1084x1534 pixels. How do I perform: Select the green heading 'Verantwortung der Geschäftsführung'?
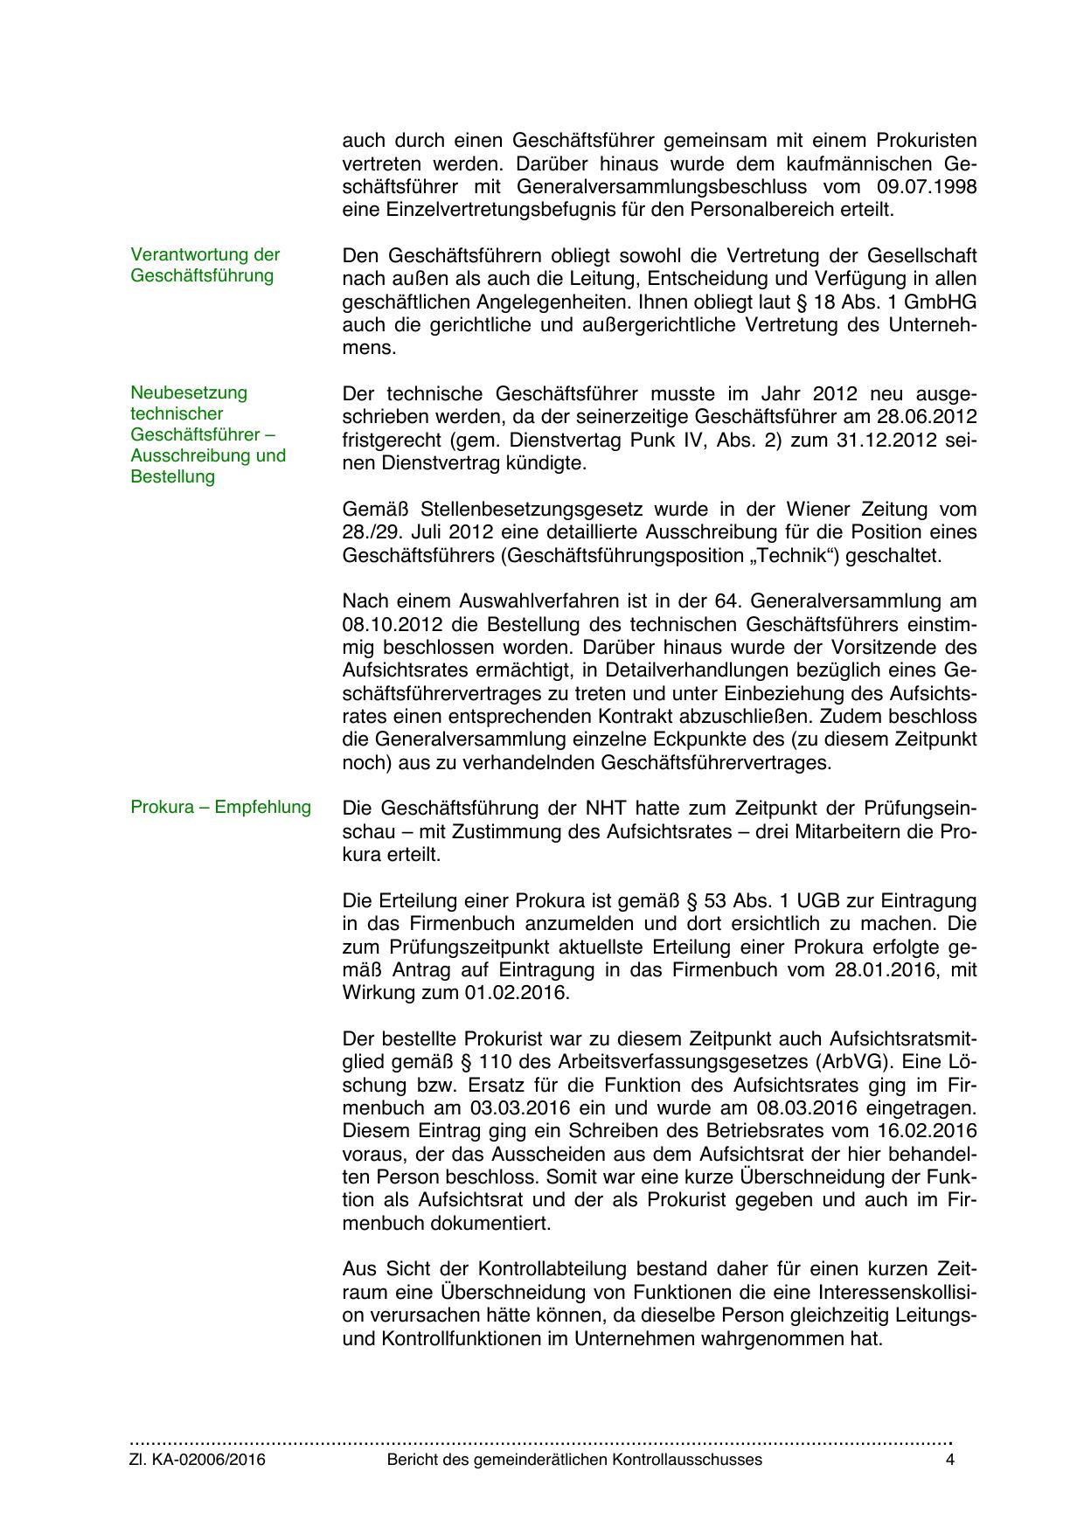click(x=205, y=265)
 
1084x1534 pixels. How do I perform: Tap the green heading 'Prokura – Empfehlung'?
click(x=220, y=807)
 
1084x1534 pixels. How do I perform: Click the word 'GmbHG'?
click(x=944, y=302)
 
